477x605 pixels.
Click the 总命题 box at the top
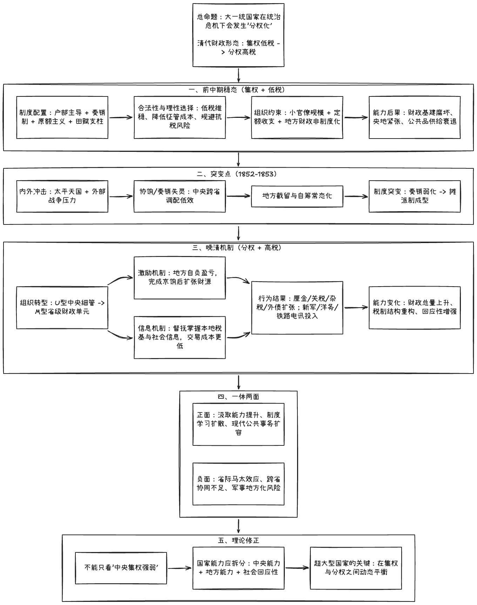(238, 35)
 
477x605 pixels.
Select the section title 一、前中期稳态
(238, 90)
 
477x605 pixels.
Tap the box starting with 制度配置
(62, 117)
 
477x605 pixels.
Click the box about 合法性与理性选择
(180, 117)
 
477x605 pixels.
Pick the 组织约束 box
(297, 117)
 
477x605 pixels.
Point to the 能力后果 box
(415, 117)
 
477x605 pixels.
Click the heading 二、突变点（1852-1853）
(238, 174)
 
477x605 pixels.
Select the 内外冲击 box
(62, 196)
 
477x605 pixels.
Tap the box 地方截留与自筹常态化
(297, 196)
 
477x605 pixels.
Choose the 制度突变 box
(415, 196)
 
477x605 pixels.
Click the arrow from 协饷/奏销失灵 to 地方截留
(238, 196)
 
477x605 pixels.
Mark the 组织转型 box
(62, 308)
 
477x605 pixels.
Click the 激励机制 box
(180, 277)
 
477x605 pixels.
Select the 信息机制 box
(180, 337)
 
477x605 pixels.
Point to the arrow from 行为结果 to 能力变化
(356, 308)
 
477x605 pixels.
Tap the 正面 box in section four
(238, 424)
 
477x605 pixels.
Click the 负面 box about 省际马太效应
(238, 484)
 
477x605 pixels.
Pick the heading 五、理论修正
(238, 540)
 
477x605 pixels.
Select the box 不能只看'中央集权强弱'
(121, 568)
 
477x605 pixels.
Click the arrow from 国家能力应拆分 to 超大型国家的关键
(297, 568)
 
